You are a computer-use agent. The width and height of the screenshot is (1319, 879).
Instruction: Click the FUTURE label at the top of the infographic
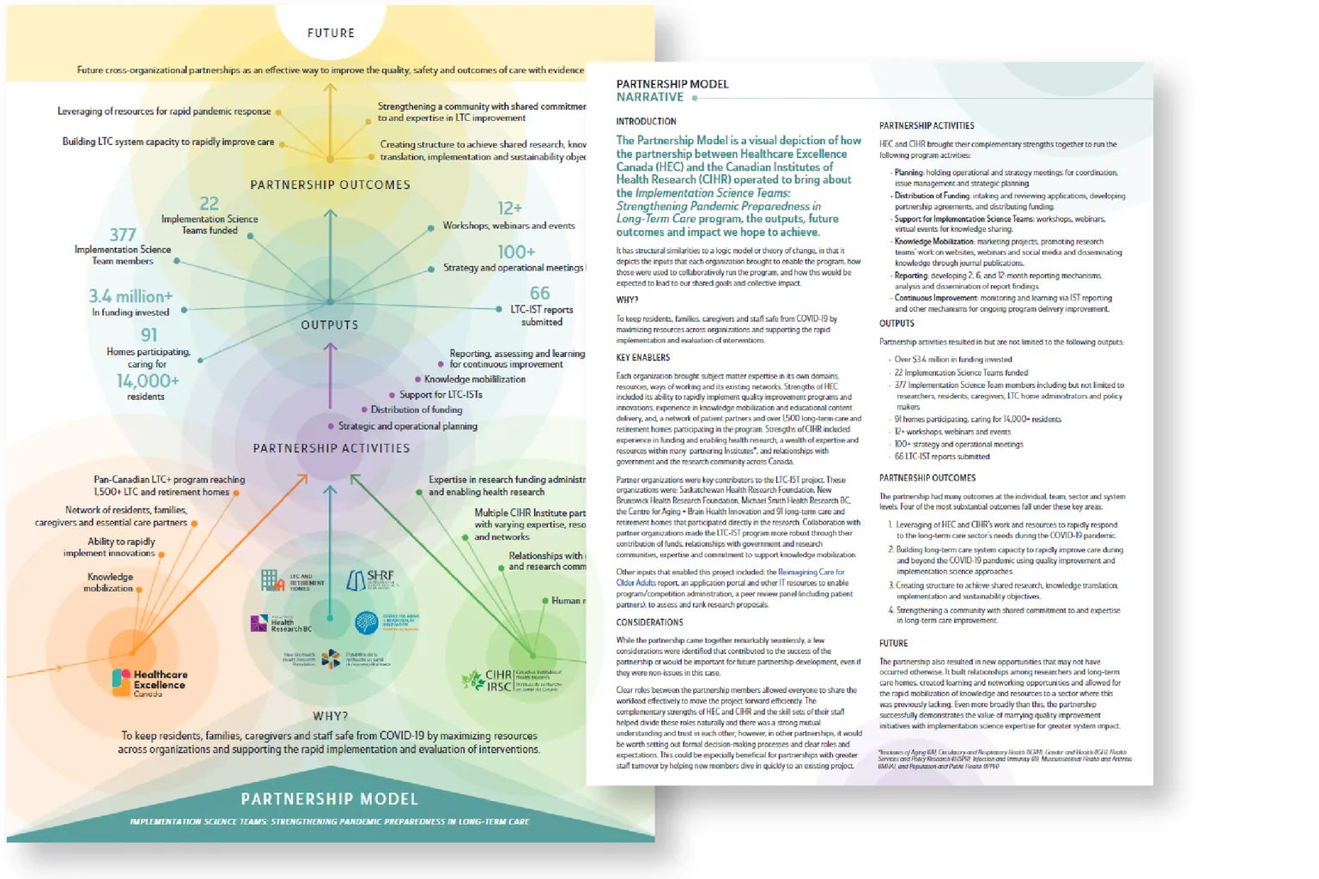click(331, 33)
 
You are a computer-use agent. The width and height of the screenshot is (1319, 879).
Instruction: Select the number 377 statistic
click(123, 234)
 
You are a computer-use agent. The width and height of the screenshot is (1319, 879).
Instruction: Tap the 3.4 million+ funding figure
click(131, 296)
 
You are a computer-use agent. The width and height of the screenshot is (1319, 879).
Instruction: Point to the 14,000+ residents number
click(148, 380)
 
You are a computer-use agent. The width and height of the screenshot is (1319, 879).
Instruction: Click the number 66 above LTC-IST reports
click(539, 293)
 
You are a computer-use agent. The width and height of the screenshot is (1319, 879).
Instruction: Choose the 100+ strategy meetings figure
click(516, 252)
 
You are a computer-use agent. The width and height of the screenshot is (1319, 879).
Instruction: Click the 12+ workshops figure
click(509, 208)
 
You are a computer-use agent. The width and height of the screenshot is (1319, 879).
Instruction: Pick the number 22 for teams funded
click(209, 203)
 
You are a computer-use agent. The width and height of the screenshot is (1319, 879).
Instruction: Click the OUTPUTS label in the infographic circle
click(330, 325)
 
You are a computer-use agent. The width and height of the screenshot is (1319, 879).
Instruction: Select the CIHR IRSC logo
click(512, 680)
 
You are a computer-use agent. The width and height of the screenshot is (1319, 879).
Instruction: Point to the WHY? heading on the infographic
click(331, 716)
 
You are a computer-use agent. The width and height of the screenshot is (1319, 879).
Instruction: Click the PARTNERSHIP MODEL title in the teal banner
click(330, 799)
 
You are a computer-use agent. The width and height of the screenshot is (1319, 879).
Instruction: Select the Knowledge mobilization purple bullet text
click(474, 379)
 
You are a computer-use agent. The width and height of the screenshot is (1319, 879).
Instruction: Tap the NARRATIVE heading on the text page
click(649, 98)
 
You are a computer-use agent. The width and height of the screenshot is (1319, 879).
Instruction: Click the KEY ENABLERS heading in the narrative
click(642, 358)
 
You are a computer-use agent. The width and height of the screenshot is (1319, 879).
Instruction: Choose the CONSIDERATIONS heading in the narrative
click(649, 622)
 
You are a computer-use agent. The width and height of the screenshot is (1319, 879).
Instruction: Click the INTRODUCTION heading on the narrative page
click(646, 122)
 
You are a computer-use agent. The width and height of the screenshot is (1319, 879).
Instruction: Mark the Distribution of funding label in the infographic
click(416, 410)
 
